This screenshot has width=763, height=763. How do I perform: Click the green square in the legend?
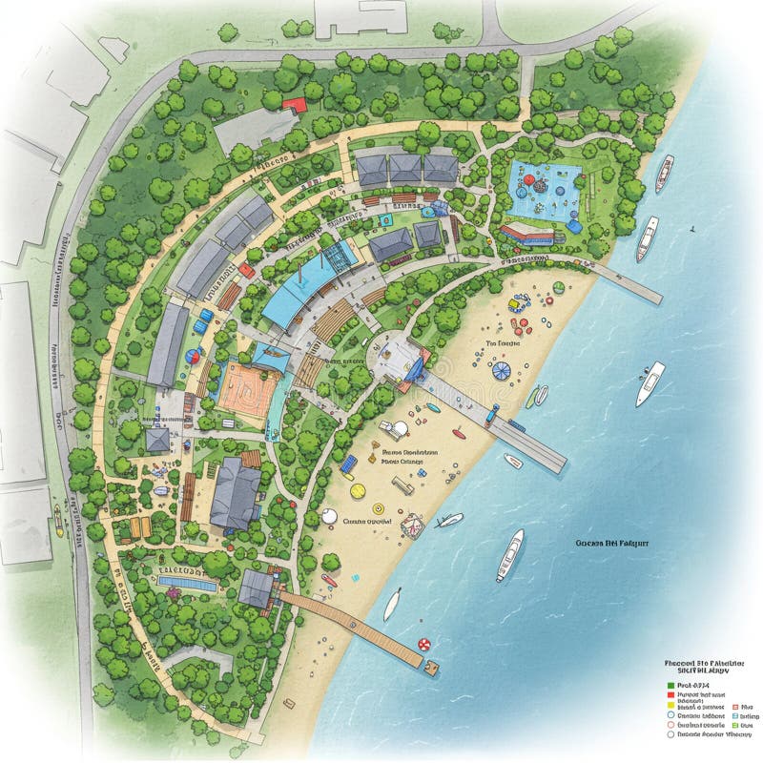point(671,685)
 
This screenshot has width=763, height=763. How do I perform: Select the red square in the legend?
point(671,695)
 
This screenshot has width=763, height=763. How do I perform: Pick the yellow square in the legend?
point(671,706)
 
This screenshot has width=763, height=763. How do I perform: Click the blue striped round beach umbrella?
point(500,367)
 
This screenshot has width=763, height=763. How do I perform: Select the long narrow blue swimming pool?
point(187,581)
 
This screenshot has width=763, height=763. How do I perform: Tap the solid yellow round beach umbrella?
point(358,491)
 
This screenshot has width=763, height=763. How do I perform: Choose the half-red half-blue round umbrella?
point(194,357)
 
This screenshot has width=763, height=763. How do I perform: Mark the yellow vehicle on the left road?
point(59,518)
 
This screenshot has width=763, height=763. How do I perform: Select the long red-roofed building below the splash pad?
point(526,232)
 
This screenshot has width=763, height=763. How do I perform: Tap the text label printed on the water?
point(611,542)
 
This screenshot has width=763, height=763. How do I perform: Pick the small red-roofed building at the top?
point(295,104)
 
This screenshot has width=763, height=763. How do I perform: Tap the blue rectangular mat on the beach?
point(350,464)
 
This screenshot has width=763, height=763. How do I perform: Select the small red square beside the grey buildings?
point(246,270)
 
